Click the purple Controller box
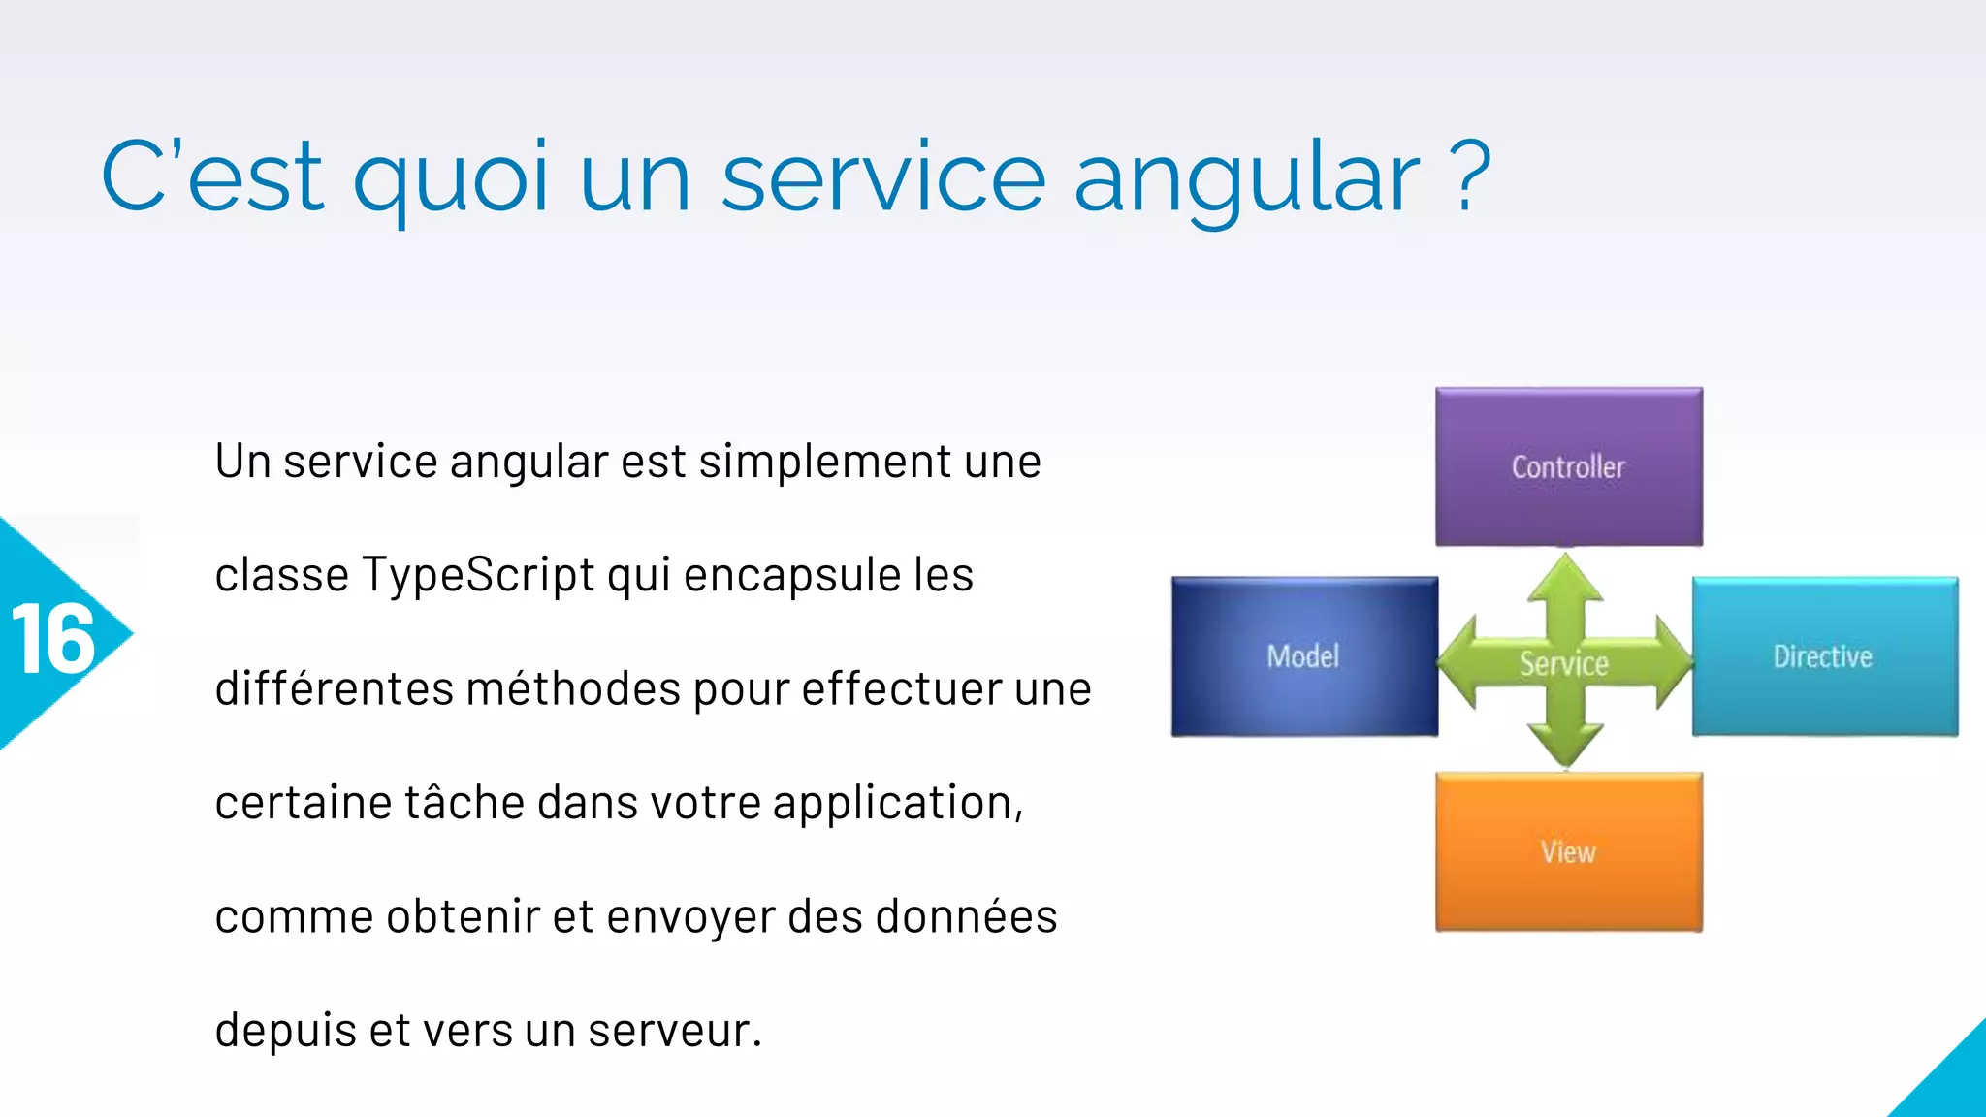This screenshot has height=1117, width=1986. click(x=1568, y=466)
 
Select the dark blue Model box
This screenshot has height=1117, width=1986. click(x=1303, y=656)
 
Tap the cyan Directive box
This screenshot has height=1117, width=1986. click(x=1824, y=656)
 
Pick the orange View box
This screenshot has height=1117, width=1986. click(x=1568, y=851)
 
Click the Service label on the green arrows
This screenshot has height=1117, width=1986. click(x=1563, y=664)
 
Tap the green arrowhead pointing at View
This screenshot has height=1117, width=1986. click(x=1565, y=747)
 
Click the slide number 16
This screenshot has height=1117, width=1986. click(x=53, y=640)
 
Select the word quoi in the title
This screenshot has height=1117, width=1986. click(x=452, y=177)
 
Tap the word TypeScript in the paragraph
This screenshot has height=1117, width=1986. click(x=478, y=575)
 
